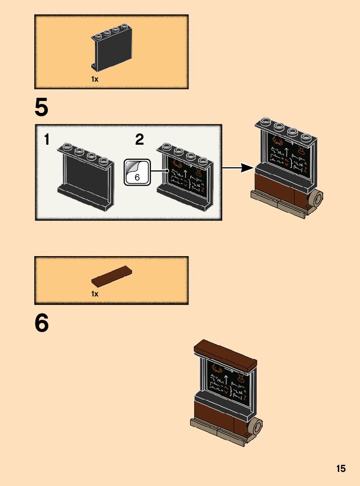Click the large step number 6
coord(41,323)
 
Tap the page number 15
coord(341,468)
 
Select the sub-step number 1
coord(47,140)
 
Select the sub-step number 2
coord(140,140)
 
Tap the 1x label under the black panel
coord(95,79)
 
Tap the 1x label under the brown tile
coord(95,293)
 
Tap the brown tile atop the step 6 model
coord(225,353)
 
